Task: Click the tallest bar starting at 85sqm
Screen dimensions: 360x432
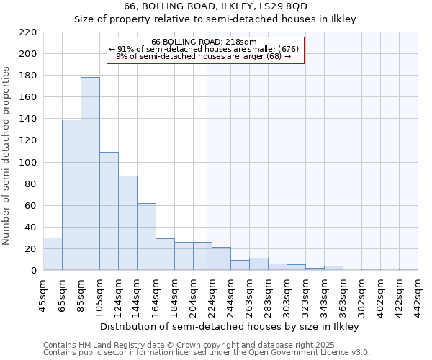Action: (x=90, y=174)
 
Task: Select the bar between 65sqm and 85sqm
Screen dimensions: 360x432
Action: (x=71, y=194)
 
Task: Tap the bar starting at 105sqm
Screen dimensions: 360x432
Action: (x=109, y=211)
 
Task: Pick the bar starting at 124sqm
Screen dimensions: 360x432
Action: (x=127, y=223)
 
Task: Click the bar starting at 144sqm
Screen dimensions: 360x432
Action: (x=146, y=237)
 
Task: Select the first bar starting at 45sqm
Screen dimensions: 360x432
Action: (x=53, y=254)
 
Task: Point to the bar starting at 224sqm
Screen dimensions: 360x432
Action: (x=221, y=258)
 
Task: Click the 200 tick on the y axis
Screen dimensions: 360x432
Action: (x=29, y=54)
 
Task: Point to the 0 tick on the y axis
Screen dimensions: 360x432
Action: (x=33, y=271)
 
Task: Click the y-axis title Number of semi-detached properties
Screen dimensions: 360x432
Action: (x=7, y=155)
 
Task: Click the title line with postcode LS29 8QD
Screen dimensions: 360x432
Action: (x=216, y=6)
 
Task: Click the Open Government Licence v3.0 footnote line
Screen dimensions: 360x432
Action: (x=207, y=353)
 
